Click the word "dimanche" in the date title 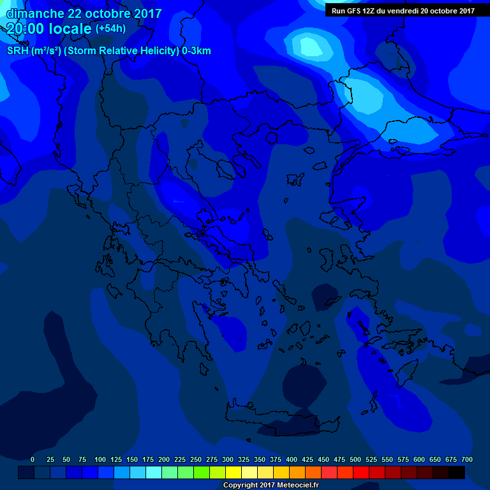(x=35, y=13)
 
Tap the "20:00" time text (x=24, y=29)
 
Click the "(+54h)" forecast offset (x=110, y=29)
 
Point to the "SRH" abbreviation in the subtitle (x=17, y=51)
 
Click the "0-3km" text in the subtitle (x=196, y=51)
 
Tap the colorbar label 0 (x=33, y=459)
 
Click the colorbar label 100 (x=100, y=459)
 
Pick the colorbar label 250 (x=196, y=459)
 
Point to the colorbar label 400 (x=292, y=459)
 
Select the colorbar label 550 (x=387, y=459)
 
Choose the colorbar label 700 (x=467, y=459)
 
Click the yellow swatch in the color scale (x=234, y=473)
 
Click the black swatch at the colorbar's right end (x=457, y=473)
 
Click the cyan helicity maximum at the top (x=309, y=46)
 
